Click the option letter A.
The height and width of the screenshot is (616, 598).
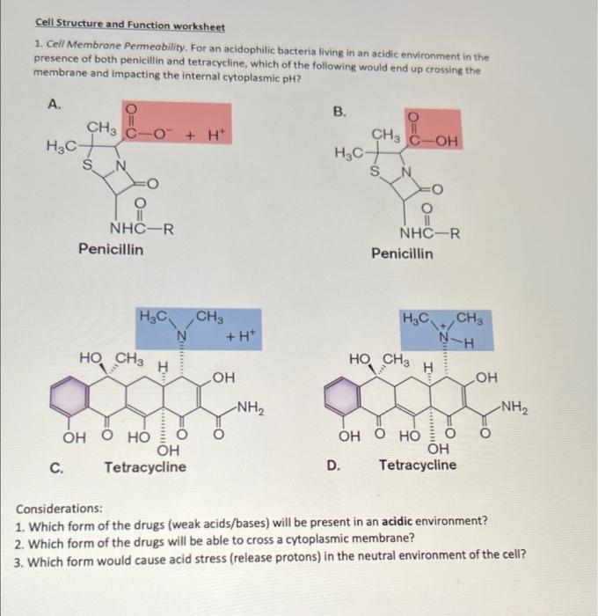[x=55, y=104]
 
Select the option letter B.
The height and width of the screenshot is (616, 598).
[x=339, y=111]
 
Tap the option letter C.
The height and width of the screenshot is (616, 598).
[x=55, y=467]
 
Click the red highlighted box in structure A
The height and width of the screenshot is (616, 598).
[x=179, y=133]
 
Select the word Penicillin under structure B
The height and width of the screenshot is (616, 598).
[x=402, y=253]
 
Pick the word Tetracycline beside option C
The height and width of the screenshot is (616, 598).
[x=145, y=466]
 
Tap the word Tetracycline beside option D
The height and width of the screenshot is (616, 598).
[x=418, y=464]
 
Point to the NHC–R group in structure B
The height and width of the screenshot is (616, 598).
[x=429, y=234]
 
